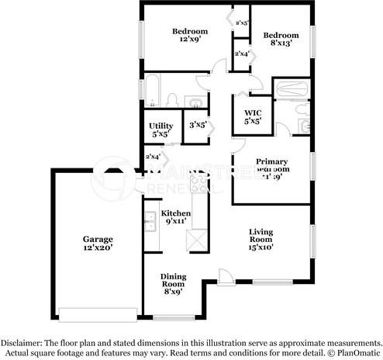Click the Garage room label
click(x=98, y=244)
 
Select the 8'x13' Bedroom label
click(x=280, y=40)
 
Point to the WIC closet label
click(x=253, y=116)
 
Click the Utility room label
click(x=160, y=130)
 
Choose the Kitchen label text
click(x=175, y=217)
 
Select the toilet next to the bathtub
click(x=174, y=101)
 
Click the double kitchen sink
click(x=149, y=223)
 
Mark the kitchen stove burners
click(x=199, y=186)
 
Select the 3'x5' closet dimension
click(x=196, y=125)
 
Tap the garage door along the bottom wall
click(x=96, y=314)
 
